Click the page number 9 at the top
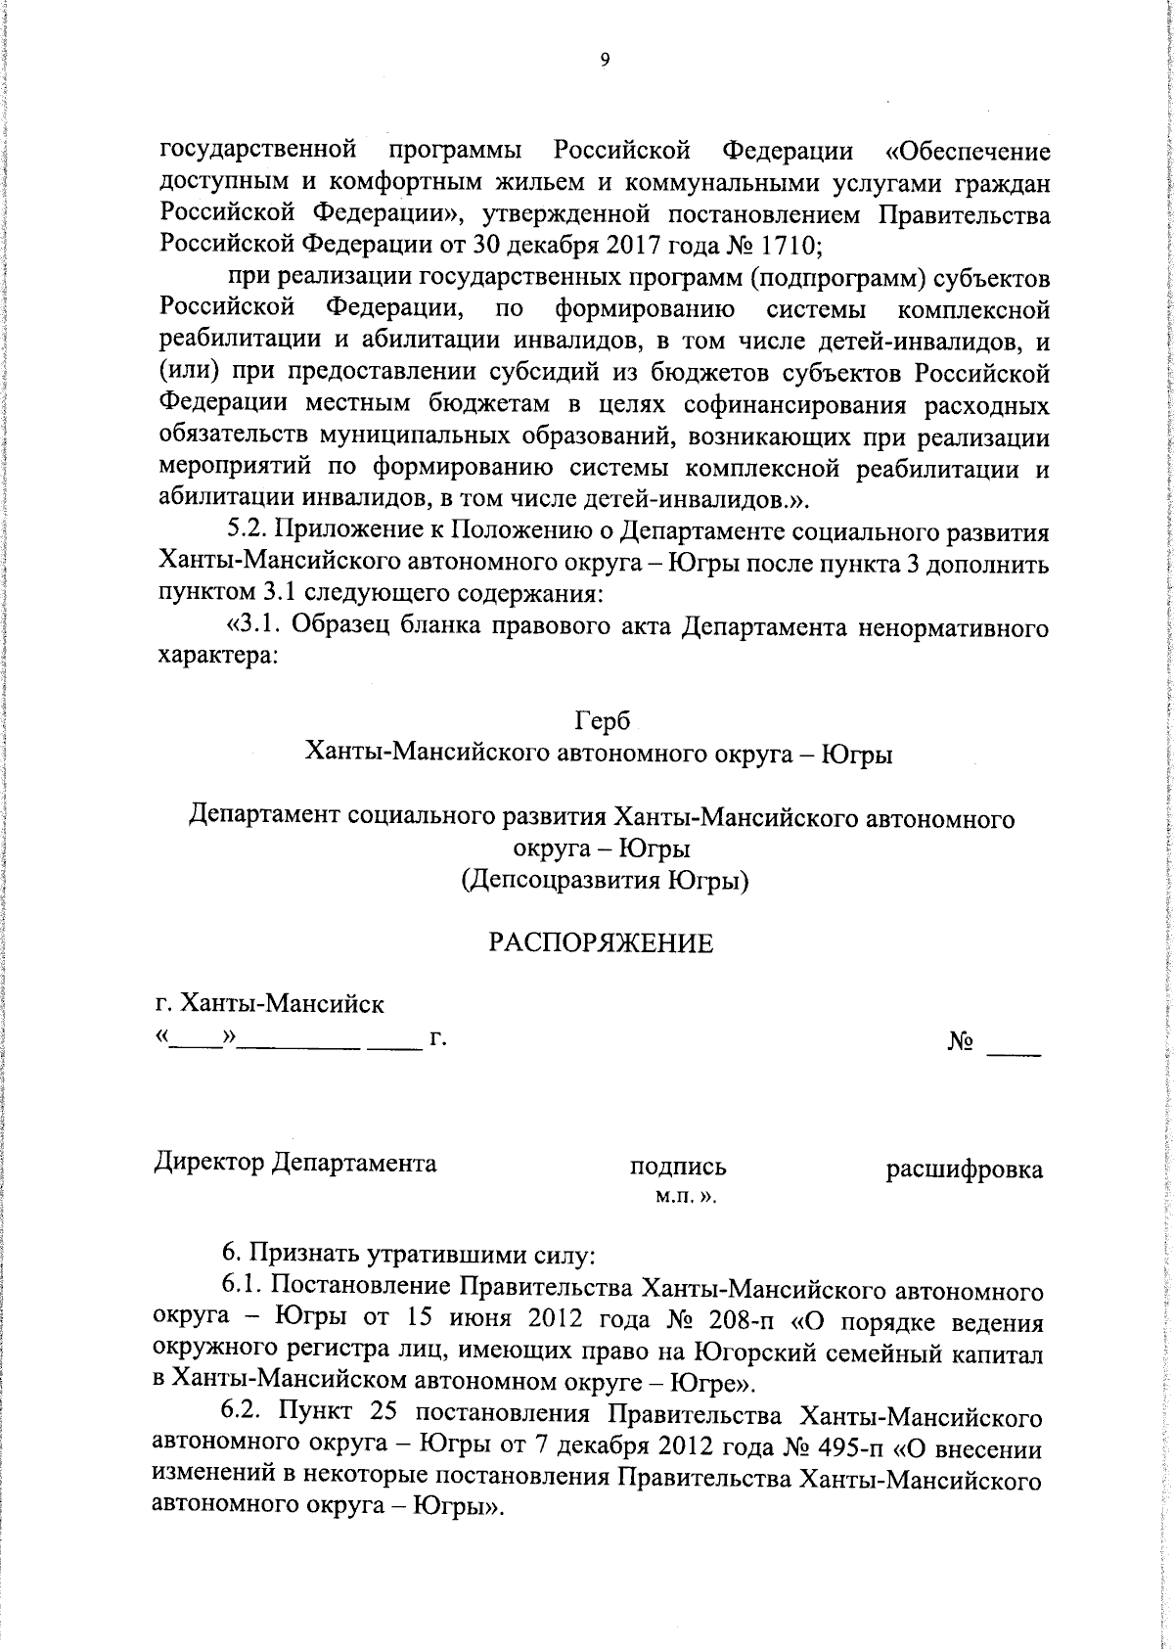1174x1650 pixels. (x=604, y=61)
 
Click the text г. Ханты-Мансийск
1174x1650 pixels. (x=270, y=1004)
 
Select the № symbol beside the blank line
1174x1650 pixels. (x=961, y=1043)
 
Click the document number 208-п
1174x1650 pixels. (x=736, y=1321)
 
